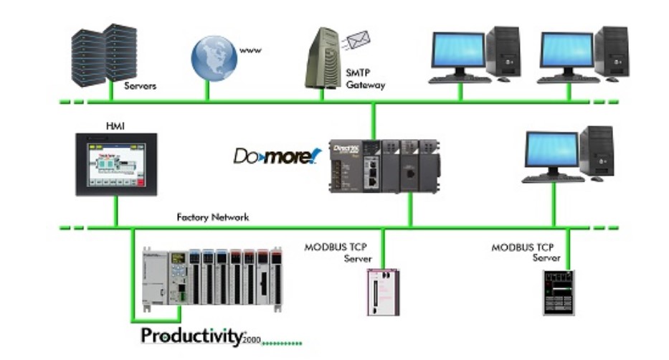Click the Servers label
tap(140, 86)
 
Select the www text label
tap(250, 50)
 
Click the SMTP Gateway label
tap(365, 79)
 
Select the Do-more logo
tap(277, 155)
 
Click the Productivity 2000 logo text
tap(201, 336)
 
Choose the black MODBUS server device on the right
tap(559, 293)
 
